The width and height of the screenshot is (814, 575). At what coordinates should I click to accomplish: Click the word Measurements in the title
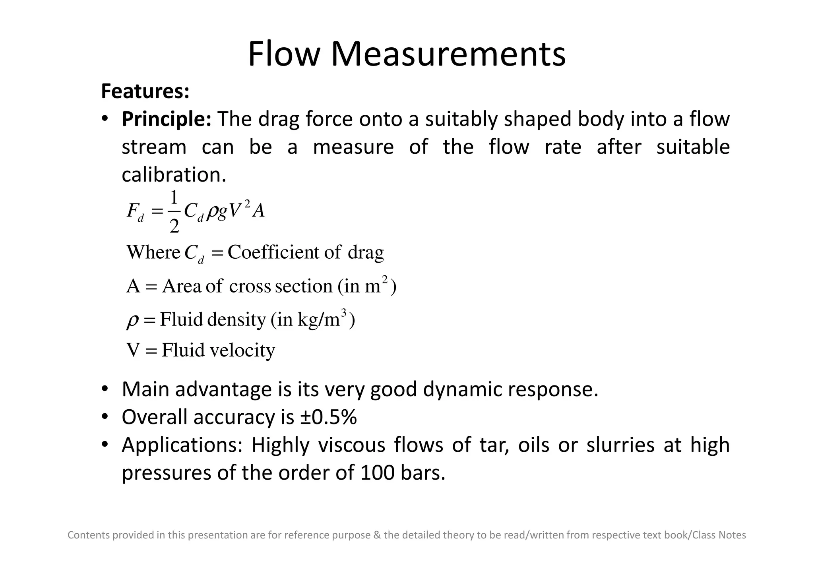click(448, 54)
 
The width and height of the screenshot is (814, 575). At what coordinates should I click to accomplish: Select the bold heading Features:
click(145, 91)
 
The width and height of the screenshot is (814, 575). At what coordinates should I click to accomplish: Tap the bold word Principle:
click(167, 119)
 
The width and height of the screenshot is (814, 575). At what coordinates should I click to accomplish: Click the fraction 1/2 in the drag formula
click(174, 212)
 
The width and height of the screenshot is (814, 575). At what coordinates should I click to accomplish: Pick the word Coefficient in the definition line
click(273, 252)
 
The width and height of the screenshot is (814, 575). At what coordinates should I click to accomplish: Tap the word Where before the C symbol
click(153, 252)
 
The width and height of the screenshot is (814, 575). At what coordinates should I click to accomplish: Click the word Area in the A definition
click(182, 286)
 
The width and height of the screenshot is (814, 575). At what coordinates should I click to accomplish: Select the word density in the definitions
click(236, 319)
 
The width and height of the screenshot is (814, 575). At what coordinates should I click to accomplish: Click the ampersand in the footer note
click(377, 535)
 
